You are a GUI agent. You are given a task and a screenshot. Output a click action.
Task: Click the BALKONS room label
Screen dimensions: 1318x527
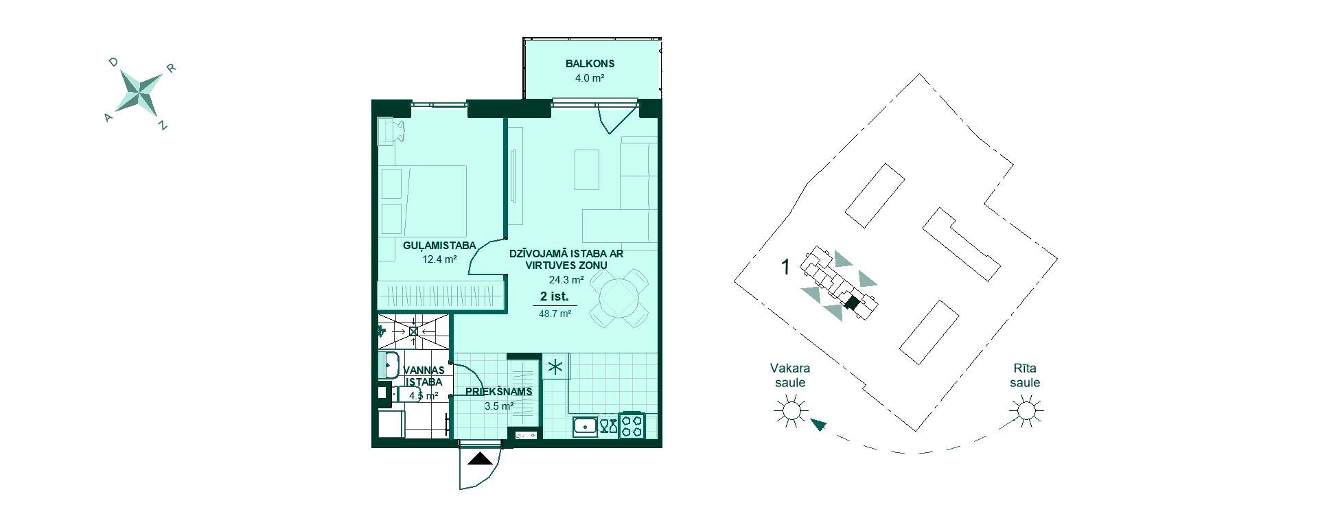[590, 64]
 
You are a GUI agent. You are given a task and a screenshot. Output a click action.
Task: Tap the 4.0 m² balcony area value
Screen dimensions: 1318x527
[590, 78]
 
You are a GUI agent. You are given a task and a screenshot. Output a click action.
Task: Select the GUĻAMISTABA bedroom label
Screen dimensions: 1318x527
[439, 246]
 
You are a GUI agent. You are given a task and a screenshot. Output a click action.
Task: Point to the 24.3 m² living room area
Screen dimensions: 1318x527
[566, 280]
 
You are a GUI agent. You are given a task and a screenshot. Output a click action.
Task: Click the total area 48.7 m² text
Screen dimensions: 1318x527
[555, 314]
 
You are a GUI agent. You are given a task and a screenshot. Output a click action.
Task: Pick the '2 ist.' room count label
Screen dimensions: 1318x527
[555, 296]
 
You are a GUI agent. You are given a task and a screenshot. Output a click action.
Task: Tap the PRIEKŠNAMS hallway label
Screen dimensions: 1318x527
[499, 392]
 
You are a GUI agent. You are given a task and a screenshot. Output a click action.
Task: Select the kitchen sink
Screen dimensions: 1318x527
[585, 426]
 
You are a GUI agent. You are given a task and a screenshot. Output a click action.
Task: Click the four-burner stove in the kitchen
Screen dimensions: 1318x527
[632, 425]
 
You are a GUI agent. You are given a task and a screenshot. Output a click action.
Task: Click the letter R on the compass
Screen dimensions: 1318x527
[172, 68]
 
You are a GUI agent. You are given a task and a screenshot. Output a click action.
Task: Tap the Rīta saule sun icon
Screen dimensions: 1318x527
[1026, 411]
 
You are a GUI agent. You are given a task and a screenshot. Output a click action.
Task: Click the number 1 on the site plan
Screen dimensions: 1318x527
[786, 267]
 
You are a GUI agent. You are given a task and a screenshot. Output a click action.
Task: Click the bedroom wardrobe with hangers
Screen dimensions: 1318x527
[441, 295]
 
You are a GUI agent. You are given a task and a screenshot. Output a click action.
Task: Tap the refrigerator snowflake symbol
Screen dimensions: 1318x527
[555, 367]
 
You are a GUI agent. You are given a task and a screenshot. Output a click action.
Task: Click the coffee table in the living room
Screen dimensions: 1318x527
[587, 169]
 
